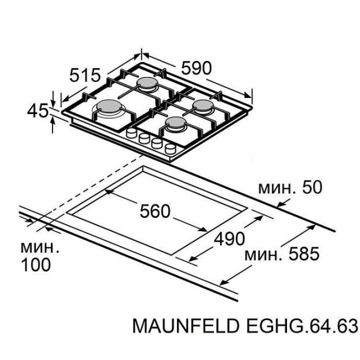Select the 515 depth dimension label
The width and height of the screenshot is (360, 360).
(x=85, y=76)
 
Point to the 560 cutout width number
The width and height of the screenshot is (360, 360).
(x=155, y=211)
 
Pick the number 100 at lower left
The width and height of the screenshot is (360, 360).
(x=35, y=265)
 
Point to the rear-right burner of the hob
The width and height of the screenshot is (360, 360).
(x=202, y=105)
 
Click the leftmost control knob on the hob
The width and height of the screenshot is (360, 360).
(x=132, y=133)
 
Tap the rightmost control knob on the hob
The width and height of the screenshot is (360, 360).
(x=170, y=148)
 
